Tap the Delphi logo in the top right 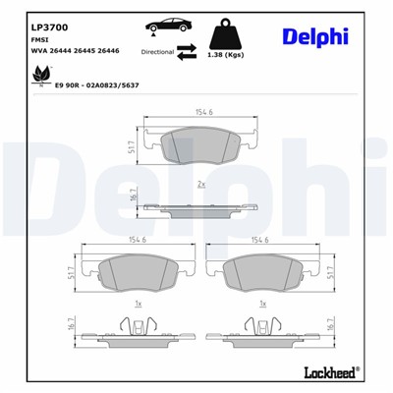pyautogui.click(x=314, y=36)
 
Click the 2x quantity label pyautogui.click(x=200, y=184)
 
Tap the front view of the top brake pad pyautogui.click(x=200, y=145)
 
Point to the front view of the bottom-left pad pyautogui.click(x=134, y=270)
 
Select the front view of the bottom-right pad pyautogui.click(x=260, y=270)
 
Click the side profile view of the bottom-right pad pyautogui.click(x=260, y=324)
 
